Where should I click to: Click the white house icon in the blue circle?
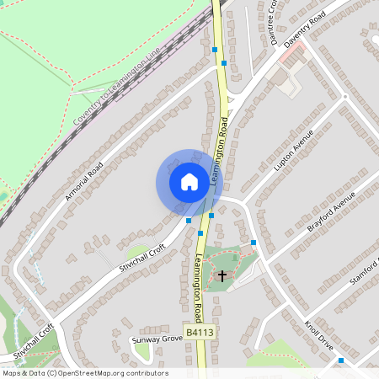[x=189, y=182]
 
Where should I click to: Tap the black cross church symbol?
[x=222, y=275]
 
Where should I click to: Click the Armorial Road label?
[x=83, y=180]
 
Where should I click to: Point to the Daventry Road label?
[x=304, y=29]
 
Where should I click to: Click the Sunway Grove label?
[x=157, y=340]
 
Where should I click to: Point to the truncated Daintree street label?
[x=273, y=19]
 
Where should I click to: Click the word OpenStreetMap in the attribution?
[x=88, y=373]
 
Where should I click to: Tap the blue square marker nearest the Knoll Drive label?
[x=341, y=360]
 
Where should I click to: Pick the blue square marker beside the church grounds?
[x=254, y=243]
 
